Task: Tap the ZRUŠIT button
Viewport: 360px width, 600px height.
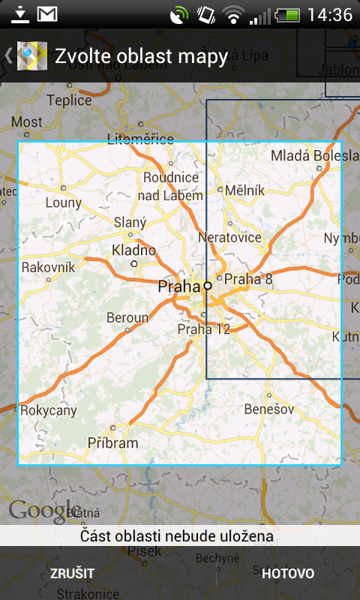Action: (x=72, y=574)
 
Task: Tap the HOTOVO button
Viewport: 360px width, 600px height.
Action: (x=288, y=574)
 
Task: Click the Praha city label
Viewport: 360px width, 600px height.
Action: (x=179, y=286)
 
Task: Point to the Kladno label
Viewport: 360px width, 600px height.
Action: (x=133, y=250)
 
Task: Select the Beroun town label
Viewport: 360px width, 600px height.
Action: (x=127, y=318)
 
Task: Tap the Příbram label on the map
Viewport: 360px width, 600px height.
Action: (x=112, y=442)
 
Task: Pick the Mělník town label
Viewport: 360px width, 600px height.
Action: (x=245, y=190)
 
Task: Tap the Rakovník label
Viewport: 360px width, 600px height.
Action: (x=48, y=267)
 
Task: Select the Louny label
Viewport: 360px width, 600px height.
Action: (x=63, y=202)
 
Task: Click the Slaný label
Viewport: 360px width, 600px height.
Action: (x=130, y=222)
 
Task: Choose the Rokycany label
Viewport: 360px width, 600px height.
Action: (x=49, y=410)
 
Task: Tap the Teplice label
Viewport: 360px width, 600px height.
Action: (x=69, y=100)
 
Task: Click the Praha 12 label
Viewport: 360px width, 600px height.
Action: (x=204, y=328)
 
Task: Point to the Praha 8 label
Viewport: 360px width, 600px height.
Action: (x=249, y=280)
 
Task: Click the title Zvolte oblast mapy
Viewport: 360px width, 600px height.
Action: (x=141, y=56)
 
